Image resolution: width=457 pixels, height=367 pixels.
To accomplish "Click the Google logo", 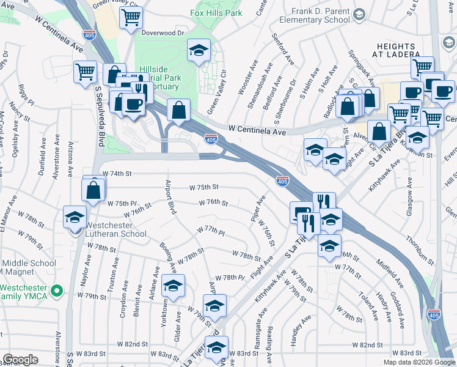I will click(x=20, y=360).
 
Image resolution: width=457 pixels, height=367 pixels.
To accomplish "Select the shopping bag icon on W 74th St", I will click(x=93, y=190).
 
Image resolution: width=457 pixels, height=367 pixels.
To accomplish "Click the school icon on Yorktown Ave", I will click(x=173, y=286).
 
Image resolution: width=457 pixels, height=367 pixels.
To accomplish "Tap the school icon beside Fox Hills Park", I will click(x=199, y=51).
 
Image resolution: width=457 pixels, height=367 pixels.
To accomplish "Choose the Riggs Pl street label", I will click(x=24, y=95).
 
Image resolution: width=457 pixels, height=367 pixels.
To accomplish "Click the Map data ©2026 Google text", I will click(x=419, y=362).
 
